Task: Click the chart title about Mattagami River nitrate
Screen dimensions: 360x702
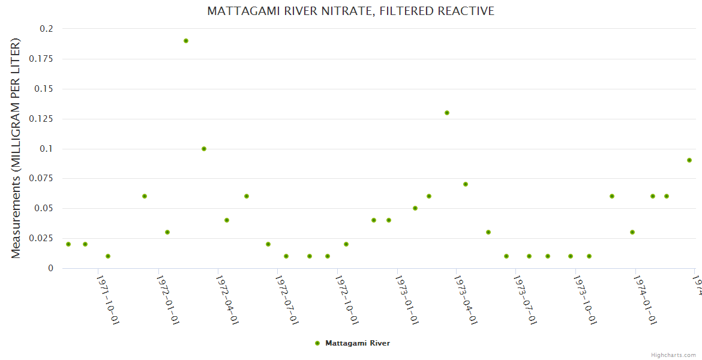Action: coord(350,11)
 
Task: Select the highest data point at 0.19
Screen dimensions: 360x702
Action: coord(186,41)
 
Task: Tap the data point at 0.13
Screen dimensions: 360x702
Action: coord(447,113)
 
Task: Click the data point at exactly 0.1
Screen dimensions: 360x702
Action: coord(204,149)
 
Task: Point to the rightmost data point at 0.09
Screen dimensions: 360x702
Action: coord(689,160)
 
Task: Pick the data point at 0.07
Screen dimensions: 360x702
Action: coord(466,184)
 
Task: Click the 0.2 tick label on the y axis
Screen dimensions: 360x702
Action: coord(46,29)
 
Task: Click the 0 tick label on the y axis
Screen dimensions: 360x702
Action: coord(50,268)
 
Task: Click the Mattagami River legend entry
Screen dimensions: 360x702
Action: coord(353,343)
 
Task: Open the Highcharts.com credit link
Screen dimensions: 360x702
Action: coord(673,355)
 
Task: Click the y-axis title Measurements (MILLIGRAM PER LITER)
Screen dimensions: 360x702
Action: coord(16,149)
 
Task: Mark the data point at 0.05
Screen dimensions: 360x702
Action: coord(415,208)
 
